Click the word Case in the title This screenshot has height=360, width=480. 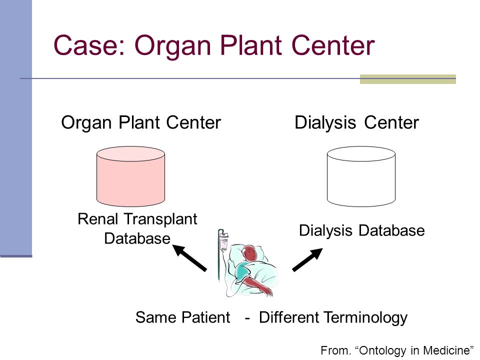[89, 45]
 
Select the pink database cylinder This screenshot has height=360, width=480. [130, 176]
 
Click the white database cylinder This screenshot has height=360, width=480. [361, 176]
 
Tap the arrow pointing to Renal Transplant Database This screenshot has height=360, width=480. [189, 258]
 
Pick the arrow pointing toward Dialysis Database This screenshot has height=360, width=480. [307, 259]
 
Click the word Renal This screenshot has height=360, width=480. [98, 219]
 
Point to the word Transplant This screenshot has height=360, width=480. [160, 219]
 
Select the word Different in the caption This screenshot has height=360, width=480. [289, 317]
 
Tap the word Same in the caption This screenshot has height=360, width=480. [155, 317]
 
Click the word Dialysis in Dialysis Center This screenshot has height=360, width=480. [325, 123]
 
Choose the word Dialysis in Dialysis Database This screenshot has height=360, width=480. [325, 231]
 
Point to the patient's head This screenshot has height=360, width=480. [250, 253]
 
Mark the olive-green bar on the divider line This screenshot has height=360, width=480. [408, 79]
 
